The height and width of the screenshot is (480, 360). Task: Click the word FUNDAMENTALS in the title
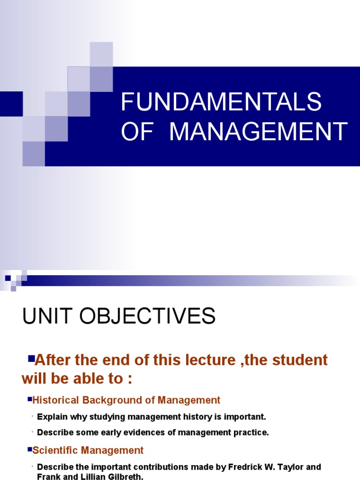pyautogui.click(x=221, y=102)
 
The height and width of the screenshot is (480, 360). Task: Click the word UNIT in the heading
pyautogui.click(x=47, y=316)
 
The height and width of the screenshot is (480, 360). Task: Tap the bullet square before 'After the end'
pyautogui.click(x=31, y=359)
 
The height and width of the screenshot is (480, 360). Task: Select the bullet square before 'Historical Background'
pyautogui.click(x=29, y=399)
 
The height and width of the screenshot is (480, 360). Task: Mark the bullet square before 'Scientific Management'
pyautogui.click(x=29, y=450)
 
